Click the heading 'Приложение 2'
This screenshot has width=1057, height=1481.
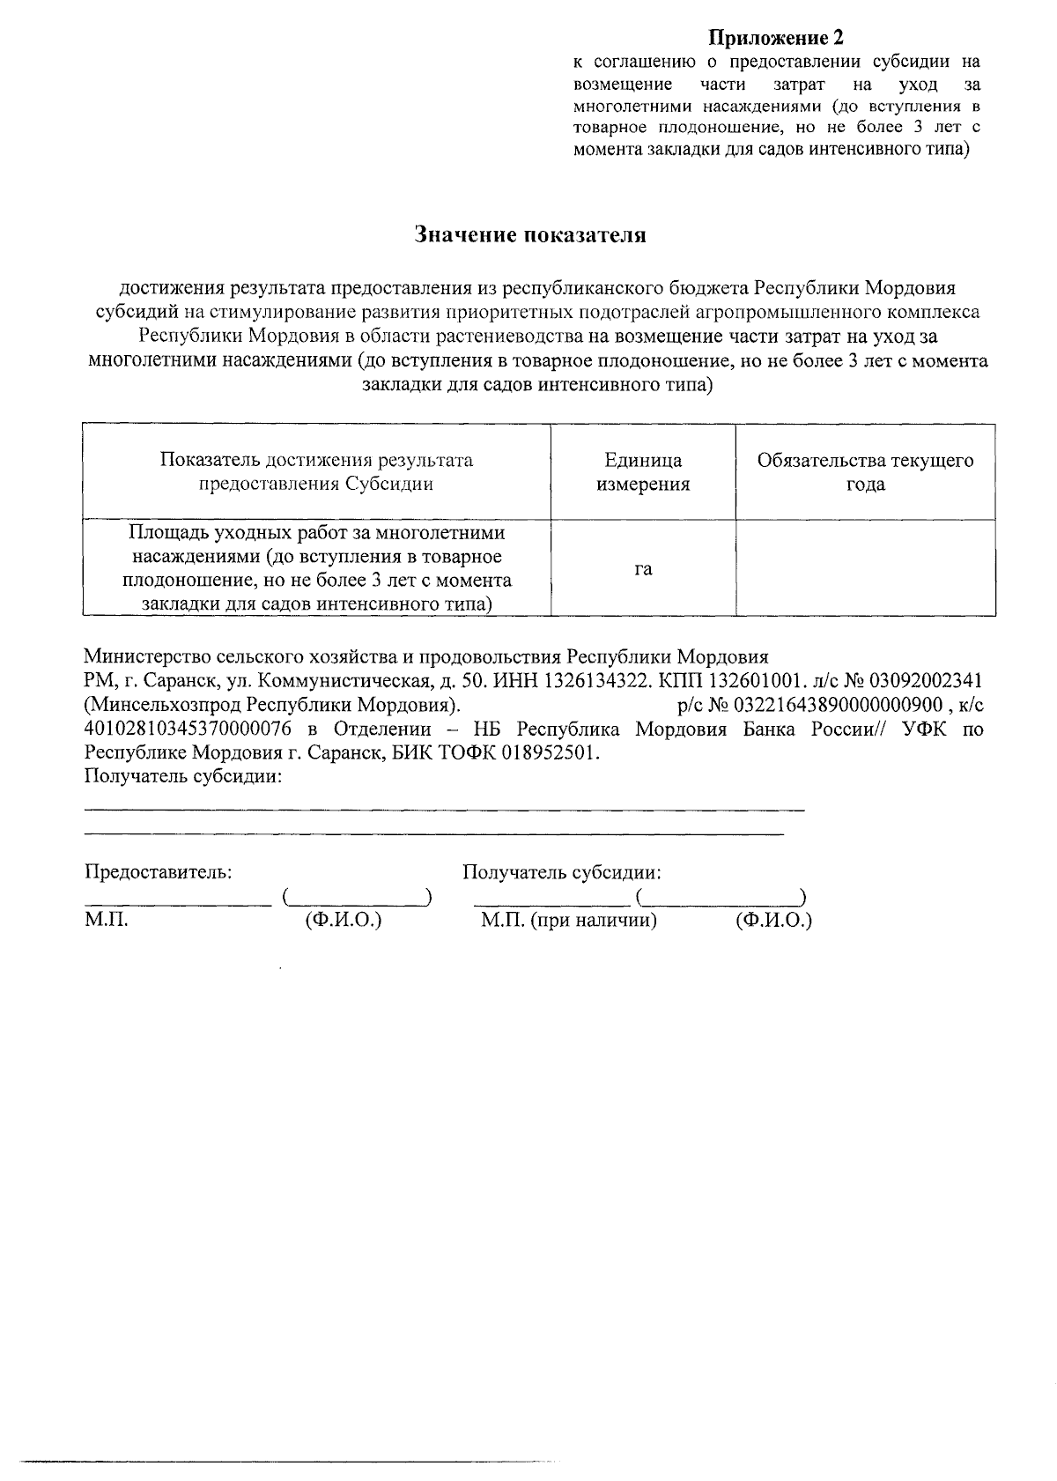coord(776,38)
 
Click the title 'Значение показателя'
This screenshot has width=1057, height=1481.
coord(530,235)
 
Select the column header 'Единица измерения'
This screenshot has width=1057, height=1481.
coord(643,472)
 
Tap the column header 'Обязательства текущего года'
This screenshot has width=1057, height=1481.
coord(865,472)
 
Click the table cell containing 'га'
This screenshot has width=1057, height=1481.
coord(643,569)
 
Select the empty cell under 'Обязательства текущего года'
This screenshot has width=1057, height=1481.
coord(865,568)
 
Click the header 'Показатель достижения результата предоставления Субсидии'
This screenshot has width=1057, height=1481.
coord(316,472)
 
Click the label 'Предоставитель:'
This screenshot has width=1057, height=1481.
coord(159,872)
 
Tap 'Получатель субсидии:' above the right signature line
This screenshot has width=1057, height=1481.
coord(562,872)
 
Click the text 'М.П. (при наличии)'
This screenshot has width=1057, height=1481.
coord(569,922)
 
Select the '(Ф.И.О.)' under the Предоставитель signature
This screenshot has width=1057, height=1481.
coord(343,922)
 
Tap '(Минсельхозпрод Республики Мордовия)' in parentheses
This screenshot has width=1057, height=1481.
coord(272,705)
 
